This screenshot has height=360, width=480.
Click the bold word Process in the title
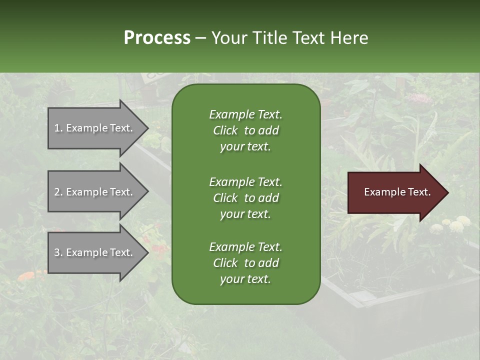(157, 38)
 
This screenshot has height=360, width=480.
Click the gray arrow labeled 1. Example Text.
(95, 128)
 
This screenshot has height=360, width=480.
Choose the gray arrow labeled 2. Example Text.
(95, 192)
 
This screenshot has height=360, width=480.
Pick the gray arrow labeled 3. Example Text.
(95, 252)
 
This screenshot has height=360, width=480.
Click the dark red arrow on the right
(395, 192)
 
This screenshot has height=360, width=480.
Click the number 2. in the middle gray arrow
(58, 192)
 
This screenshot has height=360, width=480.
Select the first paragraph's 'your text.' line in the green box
(245, 147)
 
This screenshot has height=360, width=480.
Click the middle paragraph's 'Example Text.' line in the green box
(245, 181)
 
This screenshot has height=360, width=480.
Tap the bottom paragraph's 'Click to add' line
(245, 263)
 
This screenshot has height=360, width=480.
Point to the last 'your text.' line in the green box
(245, 279)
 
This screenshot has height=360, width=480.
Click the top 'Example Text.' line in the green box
(245, 114)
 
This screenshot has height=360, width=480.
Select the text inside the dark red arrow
(397, 192)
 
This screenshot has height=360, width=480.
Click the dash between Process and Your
(201, 38)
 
